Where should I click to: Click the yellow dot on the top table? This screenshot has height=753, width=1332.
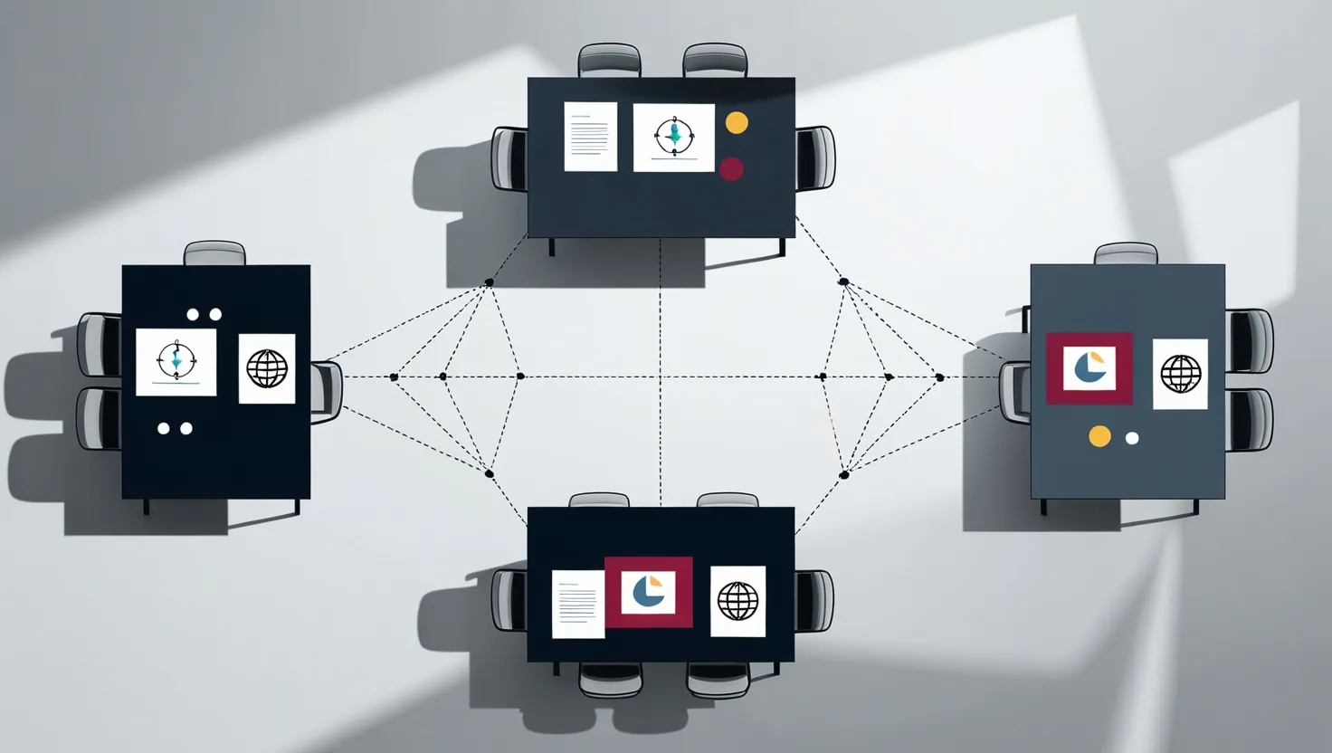click(x=737, y=122)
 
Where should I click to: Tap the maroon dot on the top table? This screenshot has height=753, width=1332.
click(x=731, y=168)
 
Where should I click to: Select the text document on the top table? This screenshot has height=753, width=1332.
click(x=590, y=137)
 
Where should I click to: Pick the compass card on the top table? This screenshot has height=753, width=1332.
click(x=673, y=138)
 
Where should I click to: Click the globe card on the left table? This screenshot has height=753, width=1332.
click(x=267, y=368)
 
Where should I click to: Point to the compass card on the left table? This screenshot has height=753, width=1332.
click(x=176, y=362)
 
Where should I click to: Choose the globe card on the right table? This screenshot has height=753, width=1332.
click(x=1180, y=374)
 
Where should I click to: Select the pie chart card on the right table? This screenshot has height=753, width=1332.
click(x=1089, y=367)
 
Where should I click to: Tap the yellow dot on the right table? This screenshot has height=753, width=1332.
click(x=1099, y=436)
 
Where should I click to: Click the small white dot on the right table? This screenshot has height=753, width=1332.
click(x=1131, y=438)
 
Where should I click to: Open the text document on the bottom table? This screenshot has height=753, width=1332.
click(x=577, y=604)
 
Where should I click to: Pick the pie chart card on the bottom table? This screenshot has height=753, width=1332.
click(x=648, y=592)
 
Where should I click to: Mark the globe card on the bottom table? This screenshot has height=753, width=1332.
click(x=737, y=601)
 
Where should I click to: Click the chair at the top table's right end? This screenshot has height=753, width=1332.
click(x=816, y=158)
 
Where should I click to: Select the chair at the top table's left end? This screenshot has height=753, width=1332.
click(x=509, y=159)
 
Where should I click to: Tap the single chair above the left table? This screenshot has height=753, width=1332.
click(x=214, y=253)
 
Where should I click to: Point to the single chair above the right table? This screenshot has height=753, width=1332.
click(x=1126, y=253)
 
